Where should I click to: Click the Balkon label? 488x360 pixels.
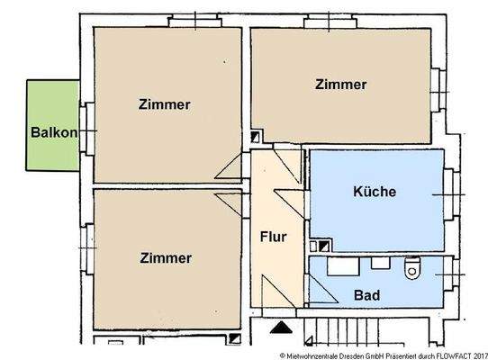[53, 130]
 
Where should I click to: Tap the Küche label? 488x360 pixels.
[375, 192]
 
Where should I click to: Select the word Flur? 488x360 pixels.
[273, 238]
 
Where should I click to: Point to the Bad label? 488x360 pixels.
[366, 294]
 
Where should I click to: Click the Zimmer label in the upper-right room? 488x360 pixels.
[341, 85]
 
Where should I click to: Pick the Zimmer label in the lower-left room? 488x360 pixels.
[166, 257]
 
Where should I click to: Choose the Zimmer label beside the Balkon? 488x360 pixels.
[165, 103]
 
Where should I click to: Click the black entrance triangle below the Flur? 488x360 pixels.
[282, 328]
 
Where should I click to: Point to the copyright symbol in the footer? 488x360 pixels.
[283, 354]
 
